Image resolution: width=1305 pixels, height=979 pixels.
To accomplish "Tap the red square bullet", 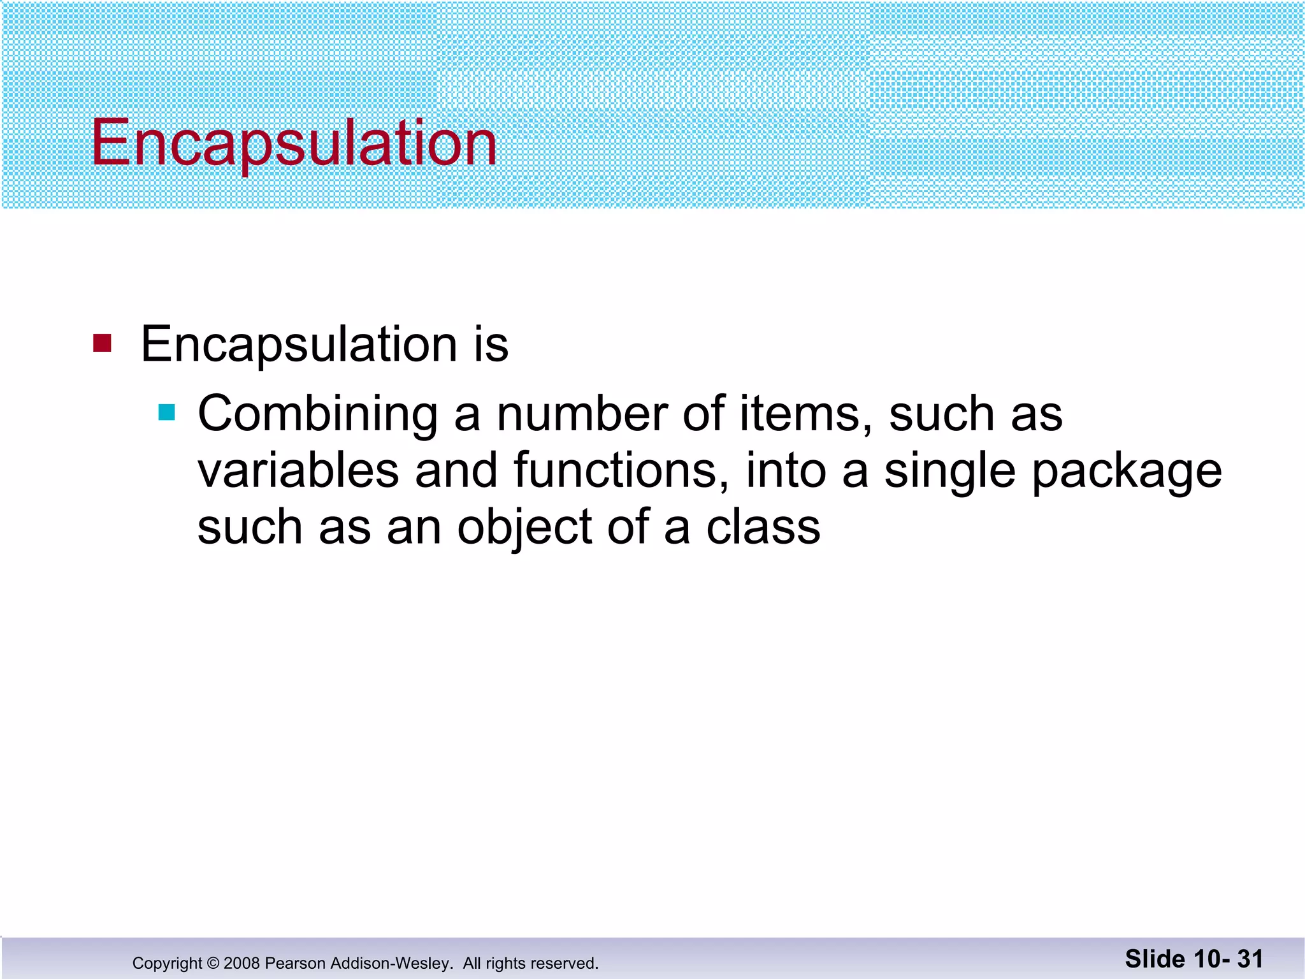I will pos(102,343).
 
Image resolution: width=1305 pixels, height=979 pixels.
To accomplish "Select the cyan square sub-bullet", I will pos(166,412).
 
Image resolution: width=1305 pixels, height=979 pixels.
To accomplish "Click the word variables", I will pos(298,470).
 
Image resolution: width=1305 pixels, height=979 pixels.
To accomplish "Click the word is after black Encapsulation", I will pos(491,344).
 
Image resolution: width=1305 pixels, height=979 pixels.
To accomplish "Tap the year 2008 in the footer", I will pos(242,963).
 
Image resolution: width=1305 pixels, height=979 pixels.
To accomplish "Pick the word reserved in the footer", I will pos(566,963).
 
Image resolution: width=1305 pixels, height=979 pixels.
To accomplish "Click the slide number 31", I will pos(1250,959).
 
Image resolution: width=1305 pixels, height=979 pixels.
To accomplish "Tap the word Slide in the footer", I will pos(1155,959).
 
